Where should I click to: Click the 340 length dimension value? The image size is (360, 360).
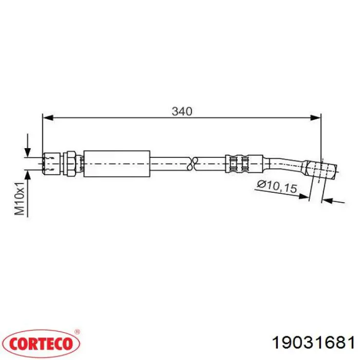click(x=182, y=112)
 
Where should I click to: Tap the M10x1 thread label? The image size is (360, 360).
click(x=20, y=199)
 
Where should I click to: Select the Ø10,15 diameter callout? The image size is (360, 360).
click(x=277, y=186)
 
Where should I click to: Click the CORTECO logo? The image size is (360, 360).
click(x=41, y=344)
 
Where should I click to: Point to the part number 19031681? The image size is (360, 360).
click(x=313, y=343)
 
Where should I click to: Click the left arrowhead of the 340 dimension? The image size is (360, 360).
click(x=48, y=118)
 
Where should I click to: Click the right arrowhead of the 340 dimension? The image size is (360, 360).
click(x=315, y=118)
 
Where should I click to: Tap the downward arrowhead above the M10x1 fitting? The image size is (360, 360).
click(x=28, y=152)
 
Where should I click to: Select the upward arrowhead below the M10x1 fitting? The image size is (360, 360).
click(x=28, y=175)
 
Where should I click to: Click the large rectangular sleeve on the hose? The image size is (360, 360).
click(x=117, y=164)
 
